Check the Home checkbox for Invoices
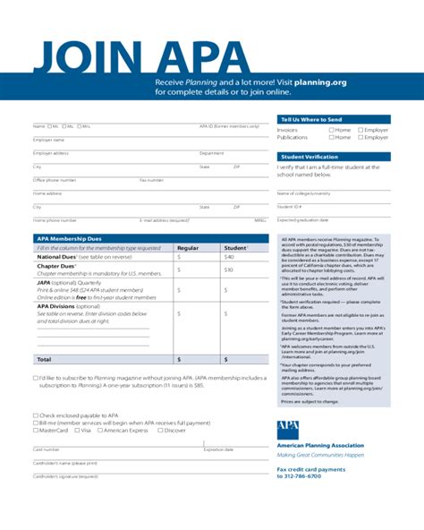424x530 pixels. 331,130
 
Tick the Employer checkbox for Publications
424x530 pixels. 360,138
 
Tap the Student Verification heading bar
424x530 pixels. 310,157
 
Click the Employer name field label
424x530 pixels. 49,140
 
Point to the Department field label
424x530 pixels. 211,153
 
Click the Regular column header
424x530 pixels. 188,248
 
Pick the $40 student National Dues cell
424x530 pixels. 228,257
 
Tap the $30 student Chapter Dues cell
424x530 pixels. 228,269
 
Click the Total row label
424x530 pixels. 44,358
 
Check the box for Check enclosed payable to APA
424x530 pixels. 36,416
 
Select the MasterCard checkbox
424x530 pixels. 36,431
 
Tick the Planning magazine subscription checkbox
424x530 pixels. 36,379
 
